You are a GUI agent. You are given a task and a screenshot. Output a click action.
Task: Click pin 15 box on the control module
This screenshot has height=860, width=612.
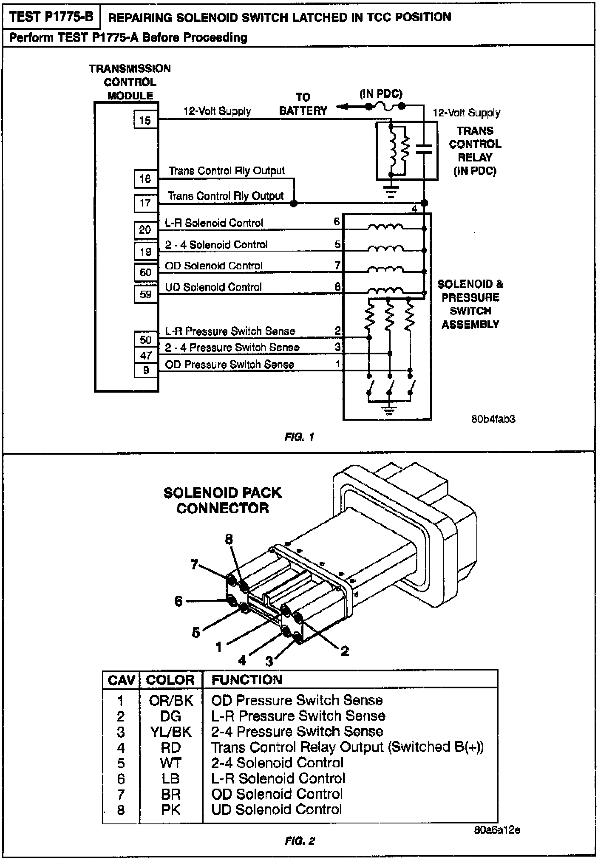click(145, 120)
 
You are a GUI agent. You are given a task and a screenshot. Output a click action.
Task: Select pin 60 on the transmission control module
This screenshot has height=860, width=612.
click(145, 272)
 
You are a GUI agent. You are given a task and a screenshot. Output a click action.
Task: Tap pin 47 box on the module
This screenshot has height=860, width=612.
click(145, 355)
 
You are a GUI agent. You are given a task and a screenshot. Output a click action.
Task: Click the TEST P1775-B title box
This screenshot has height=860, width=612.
click(51, 17)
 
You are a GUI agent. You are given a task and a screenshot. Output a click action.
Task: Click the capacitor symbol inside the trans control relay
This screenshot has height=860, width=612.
click(423, 148)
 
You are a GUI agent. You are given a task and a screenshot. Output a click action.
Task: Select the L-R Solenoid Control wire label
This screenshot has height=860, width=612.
click(214, 223)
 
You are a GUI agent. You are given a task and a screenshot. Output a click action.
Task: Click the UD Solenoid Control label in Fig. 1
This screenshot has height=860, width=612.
click(213, 287)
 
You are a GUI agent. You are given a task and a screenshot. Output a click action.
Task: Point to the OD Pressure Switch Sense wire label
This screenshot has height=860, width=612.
click(229, 365)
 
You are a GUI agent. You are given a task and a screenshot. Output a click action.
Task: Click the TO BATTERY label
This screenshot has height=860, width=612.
click(303, 104)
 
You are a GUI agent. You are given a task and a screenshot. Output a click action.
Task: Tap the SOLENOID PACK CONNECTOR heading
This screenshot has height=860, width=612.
click(222, 501)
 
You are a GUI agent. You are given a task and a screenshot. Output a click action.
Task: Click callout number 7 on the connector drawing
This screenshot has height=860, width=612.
click(194, 564)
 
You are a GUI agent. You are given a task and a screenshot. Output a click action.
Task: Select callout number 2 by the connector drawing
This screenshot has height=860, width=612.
click(345, 651)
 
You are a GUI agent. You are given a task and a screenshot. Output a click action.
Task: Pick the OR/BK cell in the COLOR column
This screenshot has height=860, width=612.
click(171, 701)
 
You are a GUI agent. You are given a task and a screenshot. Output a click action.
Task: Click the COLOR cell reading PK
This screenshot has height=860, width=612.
click(170, 810)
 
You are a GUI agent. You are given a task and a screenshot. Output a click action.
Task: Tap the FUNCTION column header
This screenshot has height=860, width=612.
click(246, 680)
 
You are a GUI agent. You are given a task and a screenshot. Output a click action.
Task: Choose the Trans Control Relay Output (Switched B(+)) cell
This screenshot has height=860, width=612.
click(347, 747)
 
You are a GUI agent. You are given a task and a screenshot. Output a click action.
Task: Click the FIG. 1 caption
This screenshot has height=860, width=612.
click(299, 437)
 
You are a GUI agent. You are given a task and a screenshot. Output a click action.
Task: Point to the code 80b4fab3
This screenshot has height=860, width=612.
click(493, 419)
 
